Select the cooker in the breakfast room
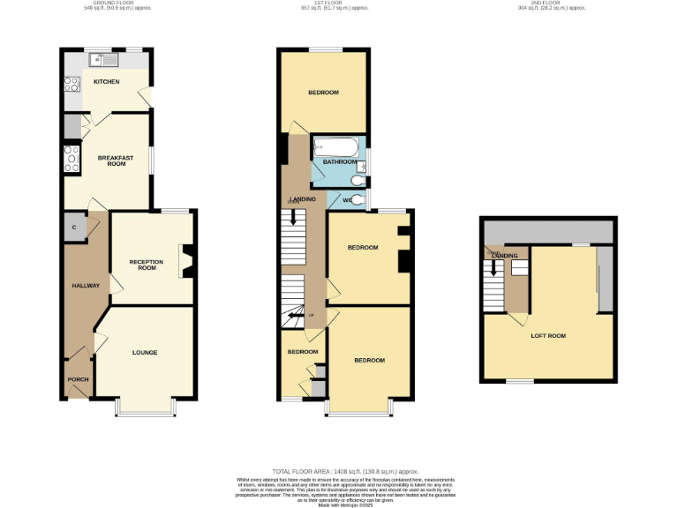(x=71, y=159)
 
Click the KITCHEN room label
(x=106, y=82)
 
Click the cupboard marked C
(x=73, y=227)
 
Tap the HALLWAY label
(x=85, y=286)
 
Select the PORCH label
(x=78, y=379)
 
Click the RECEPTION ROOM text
(x=147, y=265)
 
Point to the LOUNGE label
(x=145, y=353)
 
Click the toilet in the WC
(x=357, y=182)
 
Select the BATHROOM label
(x=339, y=162)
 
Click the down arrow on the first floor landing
(x=292, y=214)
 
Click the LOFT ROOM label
(x=548, y=336)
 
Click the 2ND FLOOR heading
(x=551, y=7)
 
